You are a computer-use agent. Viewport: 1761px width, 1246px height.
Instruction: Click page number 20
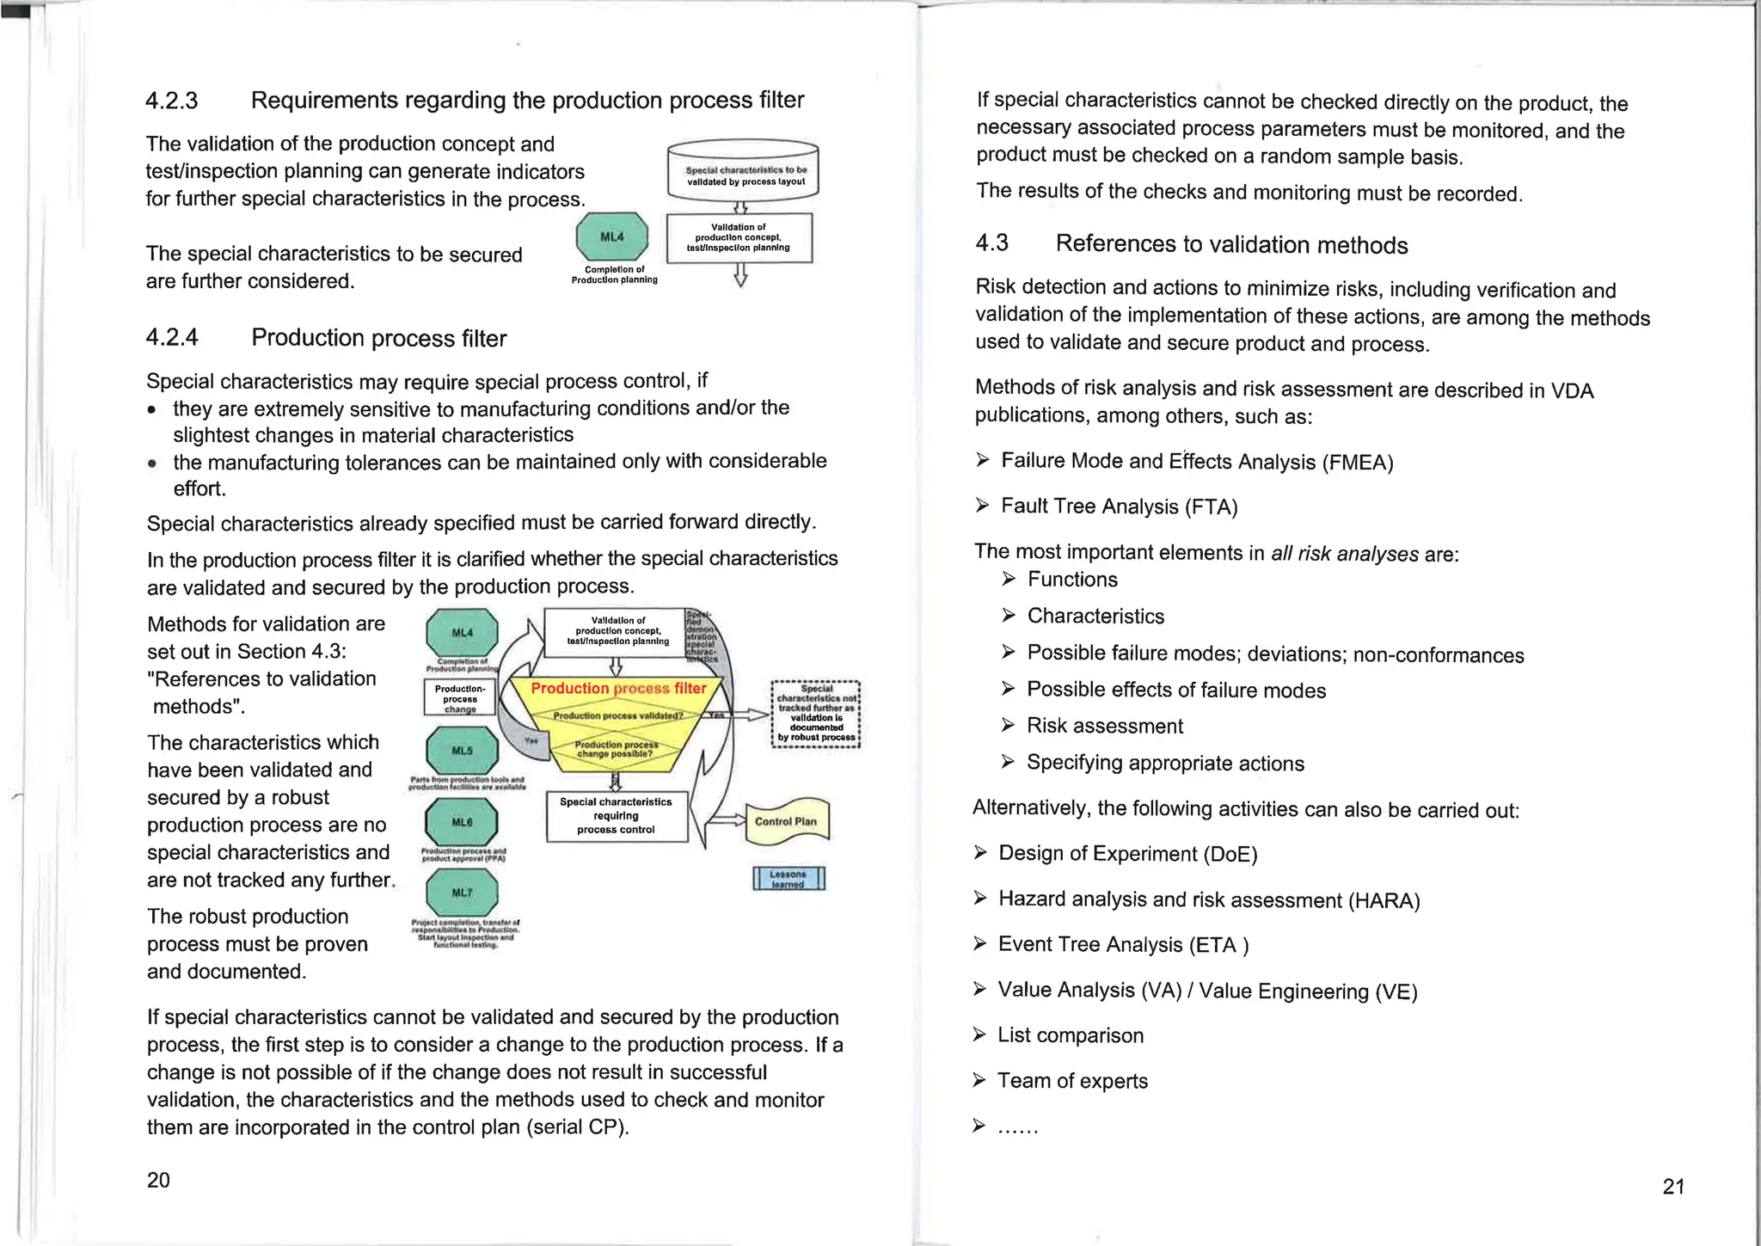click(158, 1180)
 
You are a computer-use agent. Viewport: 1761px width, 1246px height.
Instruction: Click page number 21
click(1673, 1187)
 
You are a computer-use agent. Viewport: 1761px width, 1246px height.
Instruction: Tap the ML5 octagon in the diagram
click(463, 750)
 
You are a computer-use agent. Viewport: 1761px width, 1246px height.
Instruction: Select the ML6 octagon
click(463, 822)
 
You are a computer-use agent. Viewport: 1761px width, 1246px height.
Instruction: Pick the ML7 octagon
click(463, 893)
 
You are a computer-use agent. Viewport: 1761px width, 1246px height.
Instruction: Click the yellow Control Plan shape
click(786, 821)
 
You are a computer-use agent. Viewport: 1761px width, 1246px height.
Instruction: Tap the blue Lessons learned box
click(788, 879)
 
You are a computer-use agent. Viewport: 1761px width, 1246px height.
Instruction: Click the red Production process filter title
click(618, 689)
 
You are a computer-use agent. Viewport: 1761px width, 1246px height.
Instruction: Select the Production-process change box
click(460, 698)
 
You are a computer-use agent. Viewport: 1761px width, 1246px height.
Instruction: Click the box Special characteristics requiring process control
click(617, 816)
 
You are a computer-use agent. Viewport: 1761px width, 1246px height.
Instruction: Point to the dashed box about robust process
click(816, 714)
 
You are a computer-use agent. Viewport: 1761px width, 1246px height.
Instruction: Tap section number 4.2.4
click(172, 337)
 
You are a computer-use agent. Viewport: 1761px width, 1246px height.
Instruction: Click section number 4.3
click(991, 242)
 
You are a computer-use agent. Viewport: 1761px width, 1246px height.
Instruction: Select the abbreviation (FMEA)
click(1358, 463)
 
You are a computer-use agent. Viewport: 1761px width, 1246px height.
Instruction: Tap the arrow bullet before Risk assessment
click(1009, 726)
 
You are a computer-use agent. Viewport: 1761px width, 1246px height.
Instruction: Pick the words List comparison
click(1071, 1035)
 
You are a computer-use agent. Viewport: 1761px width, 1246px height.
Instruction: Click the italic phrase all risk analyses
click(1345, 553)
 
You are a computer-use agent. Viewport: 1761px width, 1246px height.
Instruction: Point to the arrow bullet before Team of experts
click(979, 1080)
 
